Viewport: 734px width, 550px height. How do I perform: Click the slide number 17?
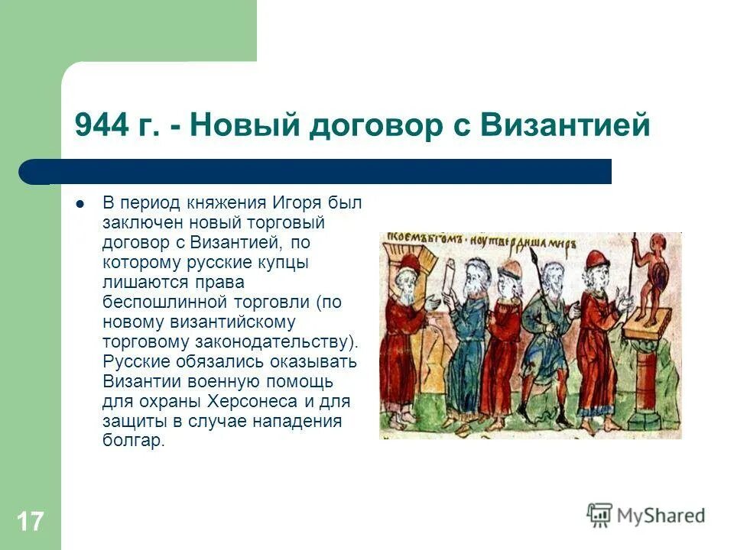30,522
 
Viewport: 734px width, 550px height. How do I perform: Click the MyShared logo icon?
599,515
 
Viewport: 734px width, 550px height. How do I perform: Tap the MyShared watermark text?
661,516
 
